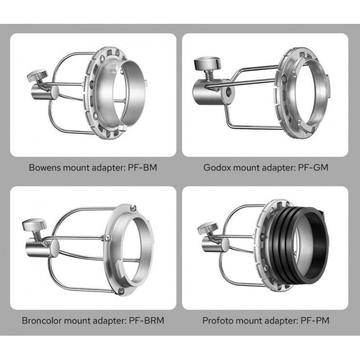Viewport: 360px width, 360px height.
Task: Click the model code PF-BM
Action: click(x=142, y=167)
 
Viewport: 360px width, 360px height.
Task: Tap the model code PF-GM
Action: click(x=313, y=167)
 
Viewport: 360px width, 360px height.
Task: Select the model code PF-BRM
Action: click(x=147, y=320)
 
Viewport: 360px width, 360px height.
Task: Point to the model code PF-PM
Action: click(x=315, y=320)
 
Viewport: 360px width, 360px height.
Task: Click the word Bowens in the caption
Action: click(x=45, y=167)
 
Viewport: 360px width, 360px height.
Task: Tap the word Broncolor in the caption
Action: click(x=41, y=320)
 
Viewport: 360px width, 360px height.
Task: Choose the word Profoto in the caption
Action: click(x=218, y=320)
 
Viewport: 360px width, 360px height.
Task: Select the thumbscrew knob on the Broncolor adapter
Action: click(x=34, y=224)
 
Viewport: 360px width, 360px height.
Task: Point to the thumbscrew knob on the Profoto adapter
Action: click(x=208, y=228)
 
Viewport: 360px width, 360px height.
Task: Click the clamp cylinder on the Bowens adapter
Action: click(x=45, y=92)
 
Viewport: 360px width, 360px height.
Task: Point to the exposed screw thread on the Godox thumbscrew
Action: click(x=209, y=75)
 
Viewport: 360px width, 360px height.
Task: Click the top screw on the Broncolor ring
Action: click(x=133, y=208)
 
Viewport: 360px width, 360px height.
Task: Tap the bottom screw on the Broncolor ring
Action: click(x=121, y=291)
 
